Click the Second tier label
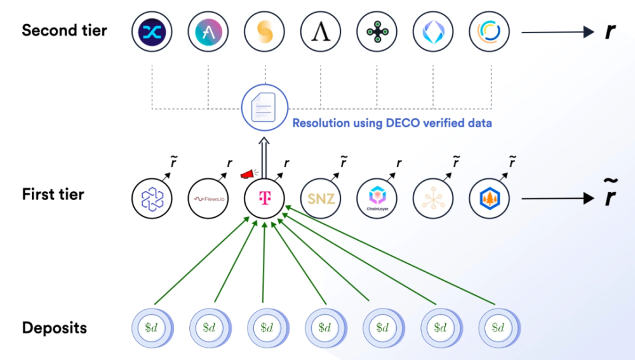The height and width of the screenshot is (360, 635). click(x=64, y=30)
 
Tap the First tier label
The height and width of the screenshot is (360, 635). click(x=53, y=194)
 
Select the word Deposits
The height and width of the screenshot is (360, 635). click(x=54, y=328)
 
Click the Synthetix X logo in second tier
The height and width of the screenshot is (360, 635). click(x=152, y=32)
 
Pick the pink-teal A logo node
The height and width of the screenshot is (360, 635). click(x=208, y=32)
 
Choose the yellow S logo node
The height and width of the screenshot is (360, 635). click(x=264, y=32)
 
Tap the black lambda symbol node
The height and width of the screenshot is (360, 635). click(x=320, y=32)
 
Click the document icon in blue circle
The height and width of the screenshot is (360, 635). click(x=264, y=107)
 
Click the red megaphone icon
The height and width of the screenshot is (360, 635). click(x=248, y=174)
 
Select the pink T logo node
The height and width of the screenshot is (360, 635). click(x=264, y=199)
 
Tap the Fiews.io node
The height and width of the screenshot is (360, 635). click(x=208, y=199)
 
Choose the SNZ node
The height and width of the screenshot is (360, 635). click(x=321, y=199)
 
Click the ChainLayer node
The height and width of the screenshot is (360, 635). click(x=377, y=199)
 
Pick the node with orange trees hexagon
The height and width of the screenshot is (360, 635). click(x=489, y=199)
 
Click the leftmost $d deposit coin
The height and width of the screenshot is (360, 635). click(x=152, y=328)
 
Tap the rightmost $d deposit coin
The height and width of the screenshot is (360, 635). click(x=499, y=328)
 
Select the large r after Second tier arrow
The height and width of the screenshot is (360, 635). click(x=610, y=31)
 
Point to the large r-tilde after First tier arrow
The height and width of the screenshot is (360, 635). click(x=610, y=193)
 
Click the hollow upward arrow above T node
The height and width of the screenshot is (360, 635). click(x=264, y=158)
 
